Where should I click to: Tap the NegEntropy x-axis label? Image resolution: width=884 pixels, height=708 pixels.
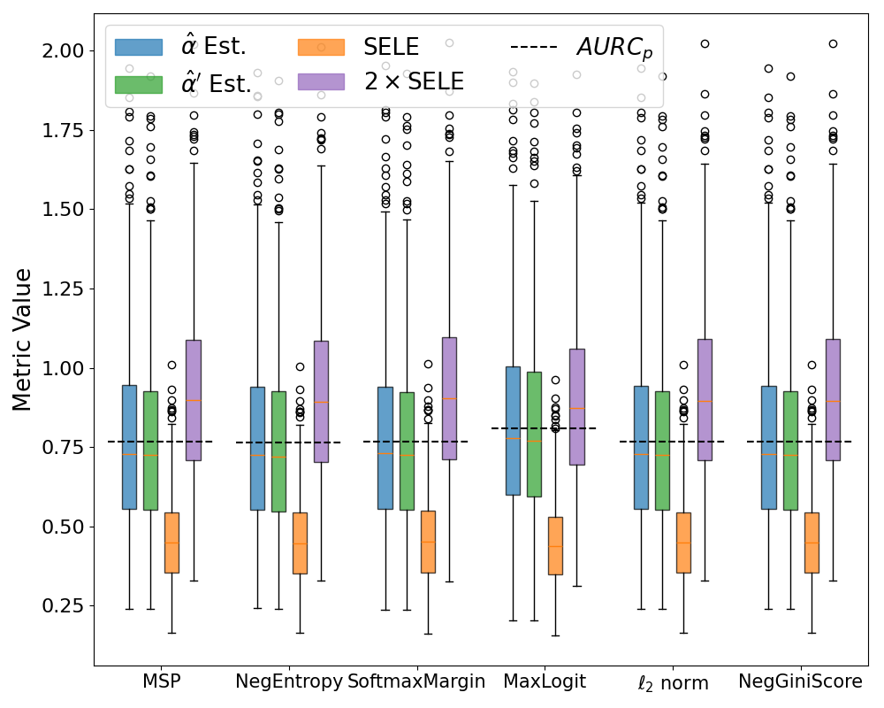pos(288,682)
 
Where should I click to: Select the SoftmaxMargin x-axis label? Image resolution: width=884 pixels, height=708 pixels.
pos(415,682)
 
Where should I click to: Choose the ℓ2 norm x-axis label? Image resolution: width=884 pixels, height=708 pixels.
pos(672,683)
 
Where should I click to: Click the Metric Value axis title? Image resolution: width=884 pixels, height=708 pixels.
pos(24,339)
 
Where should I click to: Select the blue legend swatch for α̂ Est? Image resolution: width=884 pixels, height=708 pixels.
pos(139,47)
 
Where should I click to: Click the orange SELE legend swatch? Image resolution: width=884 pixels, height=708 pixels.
pos(321,47)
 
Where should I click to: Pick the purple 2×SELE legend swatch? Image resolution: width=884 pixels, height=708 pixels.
pos(321,82)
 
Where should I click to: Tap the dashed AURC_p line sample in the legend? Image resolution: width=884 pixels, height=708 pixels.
pos(534,47)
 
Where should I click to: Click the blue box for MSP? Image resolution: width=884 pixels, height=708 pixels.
pos(129,447)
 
